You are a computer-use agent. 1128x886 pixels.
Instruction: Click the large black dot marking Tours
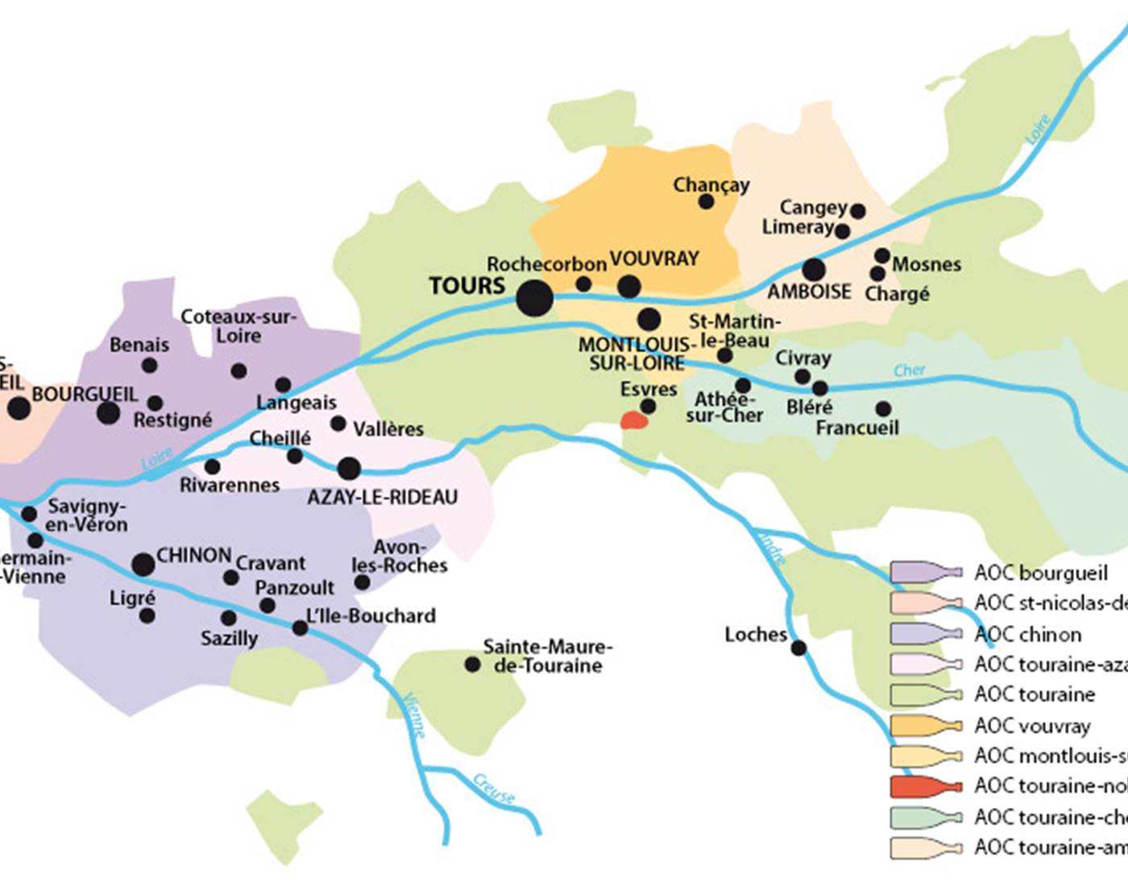(x=535, y=299)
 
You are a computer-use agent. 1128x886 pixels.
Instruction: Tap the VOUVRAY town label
(x=654, y=259)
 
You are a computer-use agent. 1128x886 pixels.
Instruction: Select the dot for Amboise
(x=814, y=270)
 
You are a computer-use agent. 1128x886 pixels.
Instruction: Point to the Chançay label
(x=711, y=184)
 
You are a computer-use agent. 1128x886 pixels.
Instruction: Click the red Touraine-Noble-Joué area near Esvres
(x=633, y=420)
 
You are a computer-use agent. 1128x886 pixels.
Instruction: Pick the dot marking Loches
(x=798, y=648)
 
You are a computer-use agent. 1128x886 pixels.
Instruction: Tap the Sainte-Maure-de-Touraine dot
(x=473, y=664)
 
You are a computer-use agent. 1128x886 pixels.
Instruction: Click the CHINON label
(x=193, y=556)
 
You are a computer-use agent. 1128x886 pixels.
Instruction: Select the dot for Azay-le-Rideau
(x=349, y=468)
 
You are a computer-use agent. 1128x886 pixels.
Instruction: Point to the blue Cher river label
(x=909, y=371)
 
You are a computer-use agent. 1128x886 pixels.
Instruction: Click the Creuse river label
(x=493, y=789)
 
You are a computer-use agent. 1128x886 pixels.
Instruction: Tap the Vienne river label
(x=414, y=714)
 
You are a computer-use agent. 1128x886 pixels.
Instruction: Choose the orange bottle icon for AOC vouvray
(x=926, y=725)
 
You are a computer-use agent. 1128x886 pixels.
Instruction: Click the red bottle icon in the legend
(x=926, y=785)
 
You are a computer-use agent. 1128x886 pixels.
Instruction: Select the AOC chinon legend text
(x=1027, y=634)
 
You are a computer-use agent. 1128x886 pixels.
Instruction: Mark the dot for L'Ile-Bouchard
(x=300, y=627)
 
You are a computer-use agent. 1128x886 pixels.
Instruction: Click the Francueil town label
(x=856, y=428)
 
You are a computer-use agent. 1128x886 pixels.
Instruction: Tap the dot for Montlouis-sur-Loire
(x=649, y=319)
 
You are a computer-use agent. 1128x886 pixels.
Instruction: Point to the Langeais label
(x=297, y=402)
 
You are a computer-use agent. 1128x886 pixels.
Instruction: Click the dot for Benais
(x=149, y=366)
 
